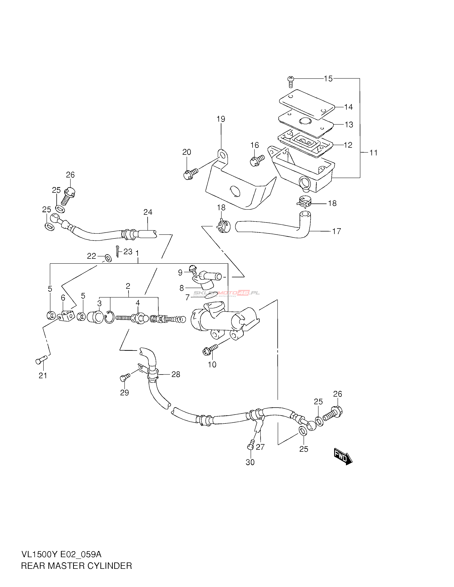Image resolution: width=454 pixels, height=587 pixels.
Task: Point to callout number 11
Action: tap(373, 153)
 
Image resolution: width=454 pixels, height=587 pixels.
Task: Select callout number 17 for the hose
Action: tap(336, 231)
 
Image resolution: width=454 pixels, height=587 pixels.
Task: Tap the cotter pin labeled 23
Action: tap(118, 251)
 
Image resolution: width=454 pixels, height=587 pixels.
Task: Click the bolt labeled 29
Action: tap(125, 377)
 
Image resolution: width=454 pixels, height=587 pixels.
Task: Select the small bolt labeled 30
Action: tap(251, 445)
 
